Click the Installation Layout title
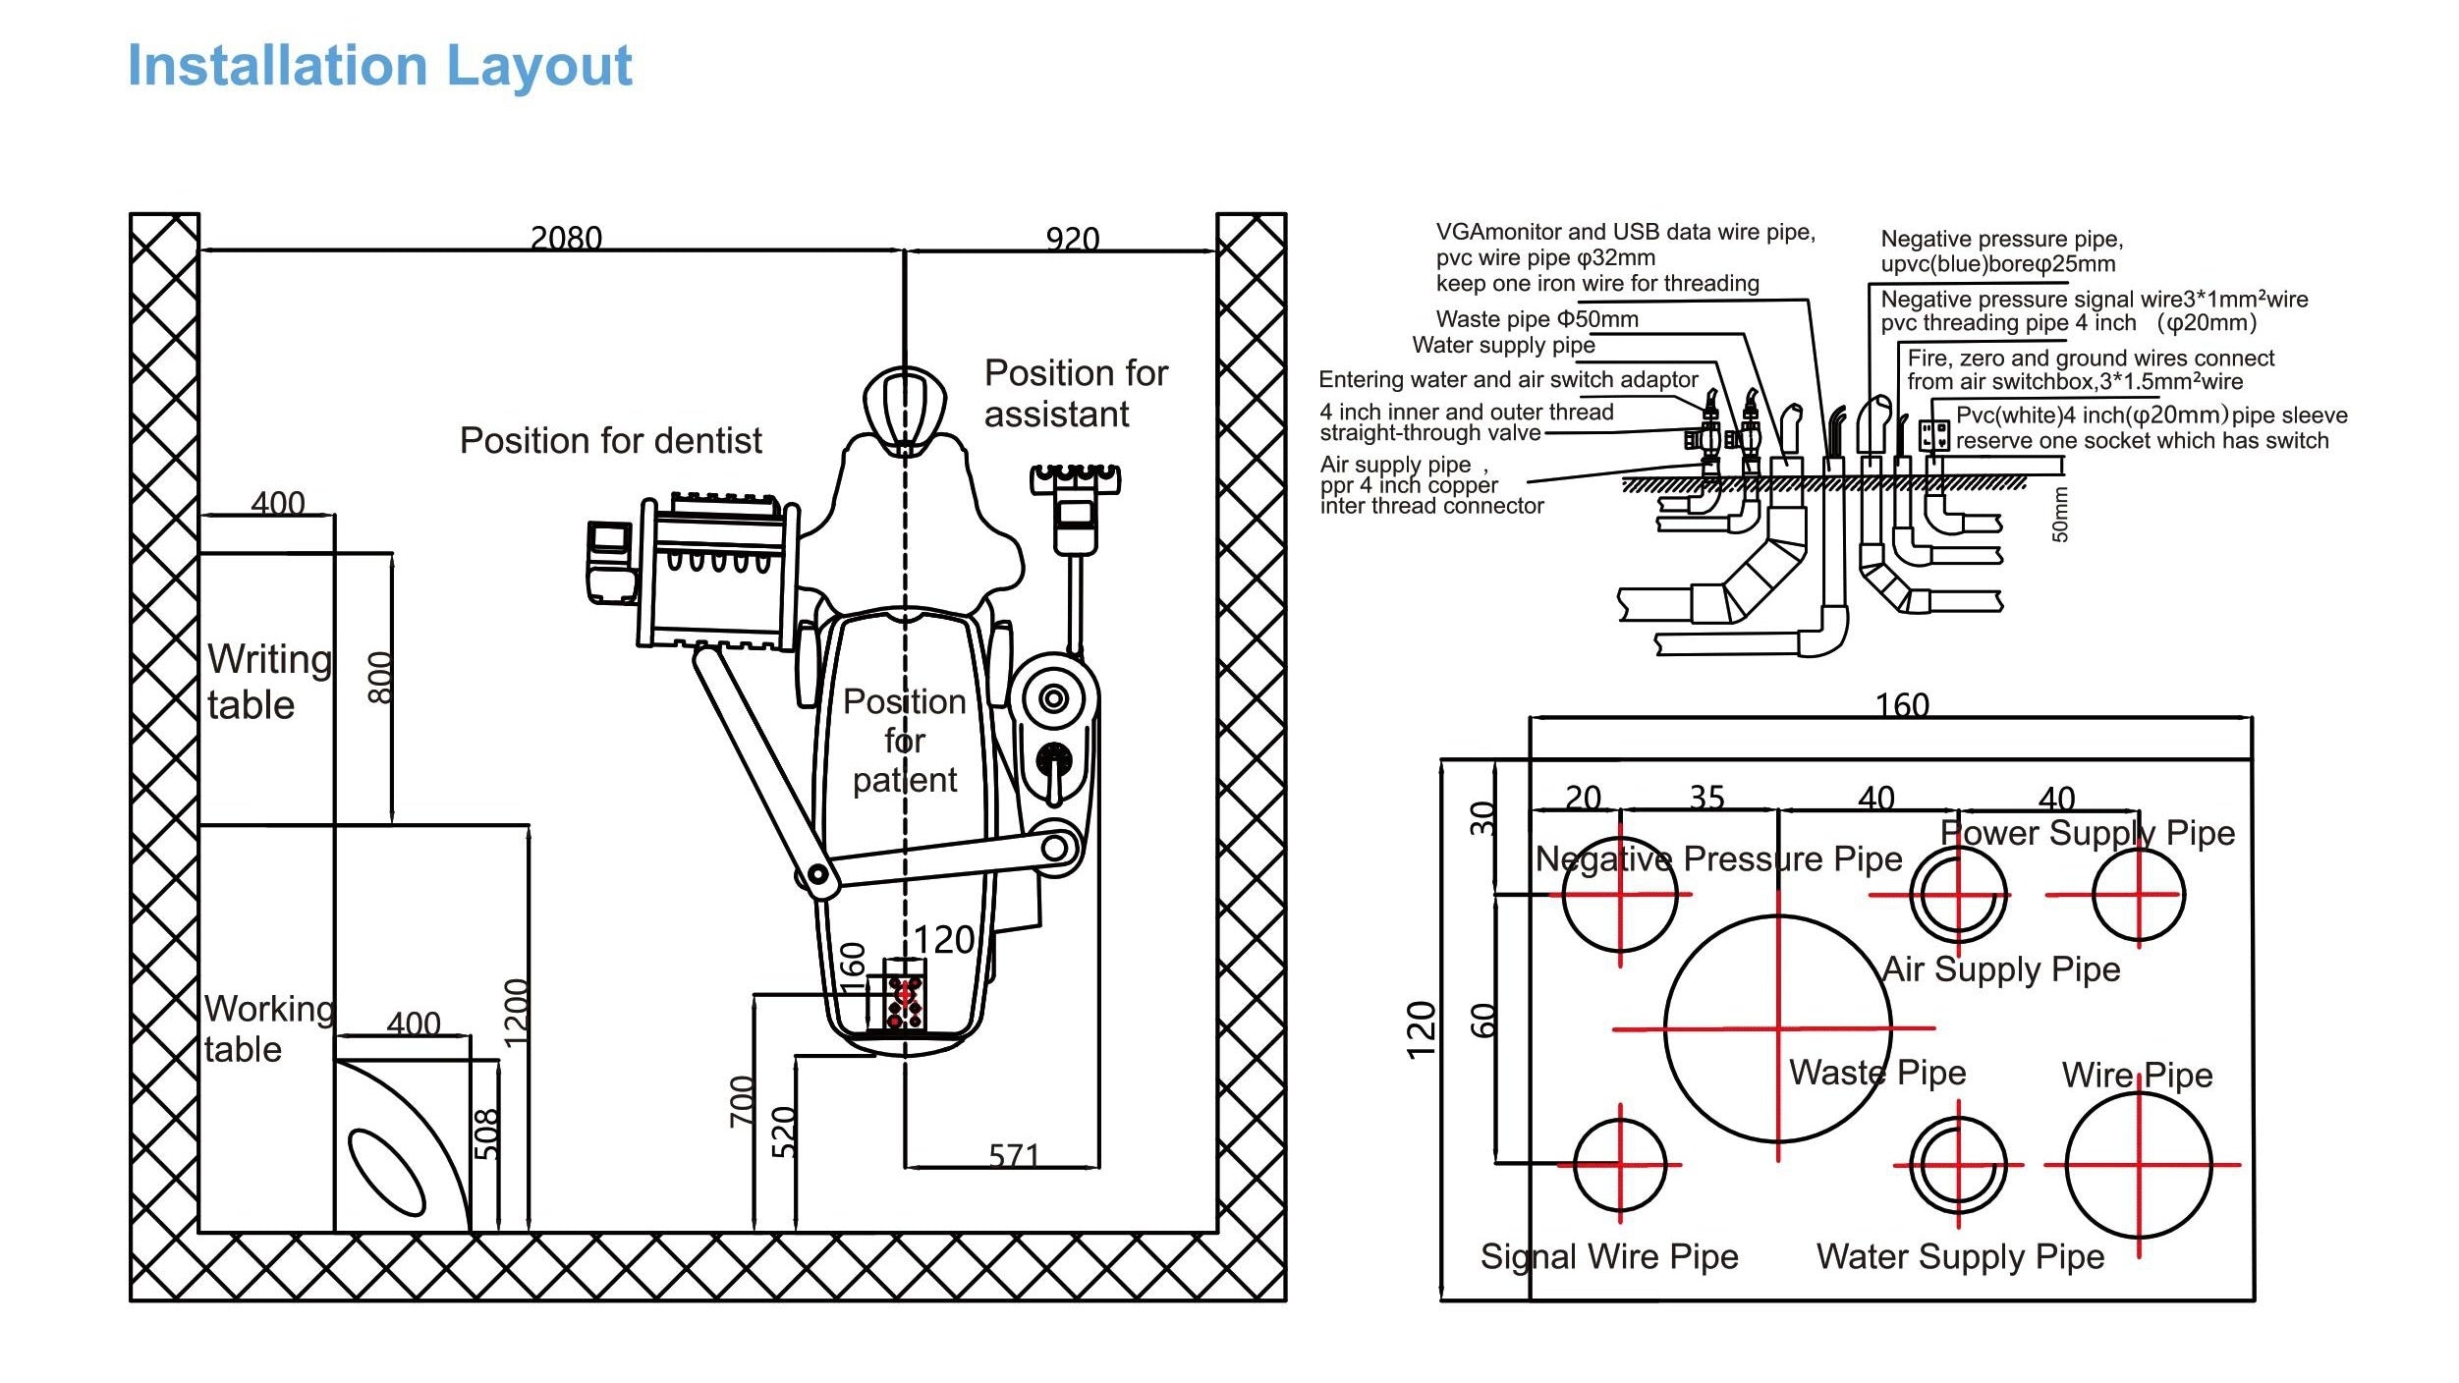379,67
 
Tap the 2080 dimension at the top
566,238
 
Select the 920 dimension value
1072,239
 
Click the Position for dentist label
610,441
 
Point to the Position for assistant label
1076,394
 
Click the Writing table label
269,681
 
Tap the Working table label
269,1028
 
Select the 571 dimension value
1013,1155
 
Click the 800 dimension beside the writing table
379,678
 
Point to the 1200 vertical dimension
516,1013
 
